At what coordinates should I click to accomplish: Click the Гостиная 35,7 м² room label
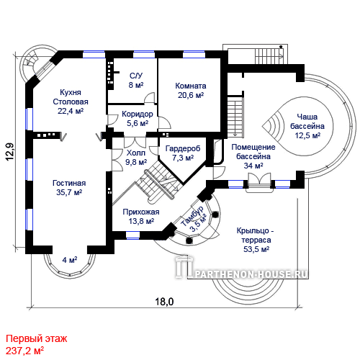point(69,188)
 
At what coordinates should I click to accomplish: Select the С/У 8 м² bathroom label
point(136,81)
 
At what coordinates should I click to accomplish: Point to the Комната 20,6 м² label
point(191,91)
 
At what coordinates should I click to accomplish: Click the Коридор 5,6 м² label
point(138,118)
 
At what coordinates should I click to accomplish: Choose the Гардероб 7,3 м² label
point(183,153)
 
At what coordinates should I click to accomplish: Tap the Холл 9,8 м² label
point(136,158)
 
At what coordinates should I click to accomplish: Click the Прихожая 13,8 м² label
point(141,217)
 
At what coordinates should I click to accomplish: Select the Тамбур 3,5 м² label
point(194,219)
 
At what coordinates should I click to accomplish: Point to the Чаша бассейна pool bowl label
point(307,126)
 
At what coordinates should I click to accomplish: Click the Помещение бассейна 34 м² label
point(253,156)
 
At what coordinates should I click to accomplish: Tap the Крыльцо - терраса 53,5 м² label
point(256,240)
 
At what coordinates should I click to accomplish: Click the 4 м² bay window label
point(70,260)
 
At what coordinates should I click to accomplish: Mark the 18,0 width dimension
point(164,302)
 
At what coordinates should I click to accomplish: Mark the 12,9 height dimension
point(10,152)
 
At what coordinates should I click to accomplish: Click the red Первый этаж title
point(37,339)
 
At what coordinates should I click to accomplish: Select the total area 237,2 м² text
point(24,351)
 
